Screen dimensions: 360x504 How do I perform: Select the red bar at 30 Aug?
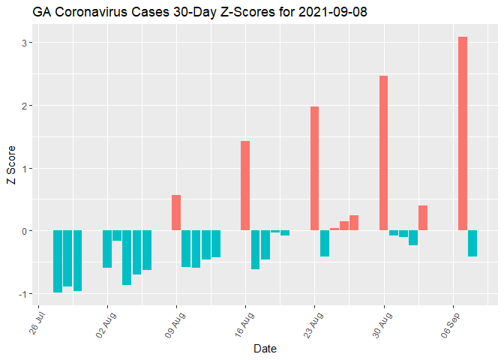383,153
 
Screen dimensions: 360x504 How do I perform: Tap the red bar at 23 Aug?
314,169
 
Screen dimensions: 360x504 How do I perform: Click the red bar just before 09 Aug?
176,213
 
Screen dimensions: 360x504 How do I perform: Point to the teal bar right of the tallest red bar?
472,244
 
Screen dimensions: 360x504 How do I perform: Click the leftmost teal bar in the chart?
58,261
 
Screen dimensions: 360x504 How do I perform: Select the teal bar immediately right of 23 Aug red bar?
325,244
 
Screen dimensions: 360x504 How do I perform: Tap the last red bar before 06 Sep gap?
423,218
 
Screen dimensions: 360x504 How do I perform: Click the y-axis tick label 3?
24,43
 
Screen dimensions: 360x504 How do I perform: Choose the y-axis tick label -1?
22,293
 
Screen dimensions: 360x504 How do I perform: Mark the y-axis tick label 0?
24,231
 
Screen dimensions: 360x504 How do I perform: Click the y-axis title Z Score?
10,168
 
